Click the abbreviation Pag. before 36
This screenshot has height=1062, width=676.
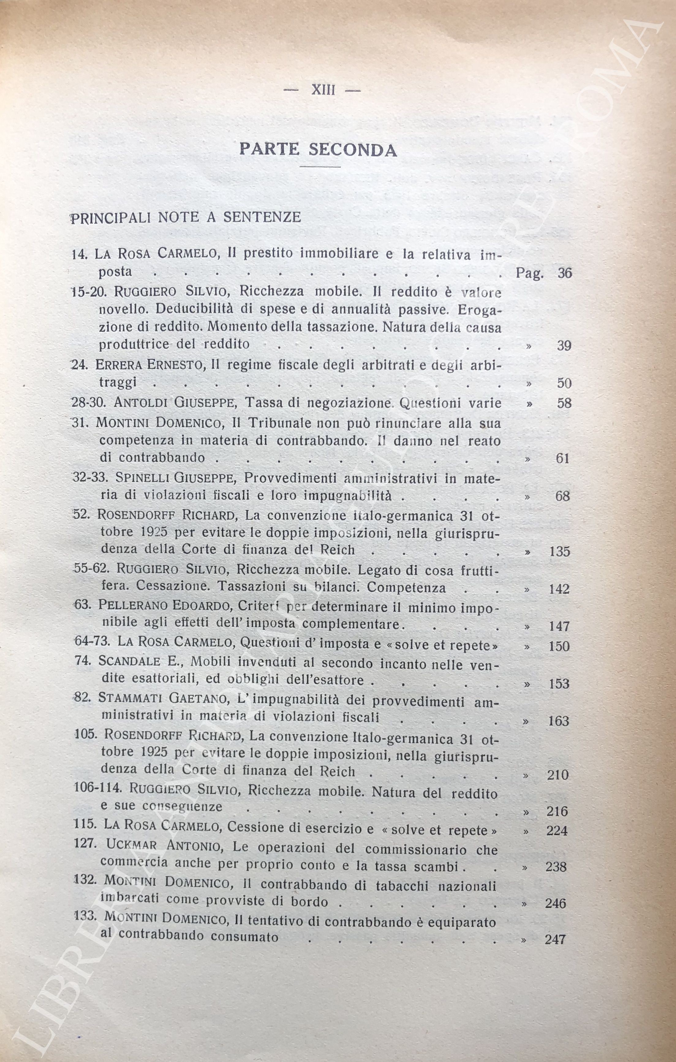pyautogui.click(x=529, y=274)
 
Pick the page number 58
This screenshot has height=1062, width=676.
pyautogui.click(x=564, y=403)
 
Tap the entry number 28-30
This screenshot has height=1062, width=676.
pyautogui.click(x=87, y=403)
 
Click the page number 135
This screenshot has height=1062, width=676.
pyautogui.click(x=560, y=551)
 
